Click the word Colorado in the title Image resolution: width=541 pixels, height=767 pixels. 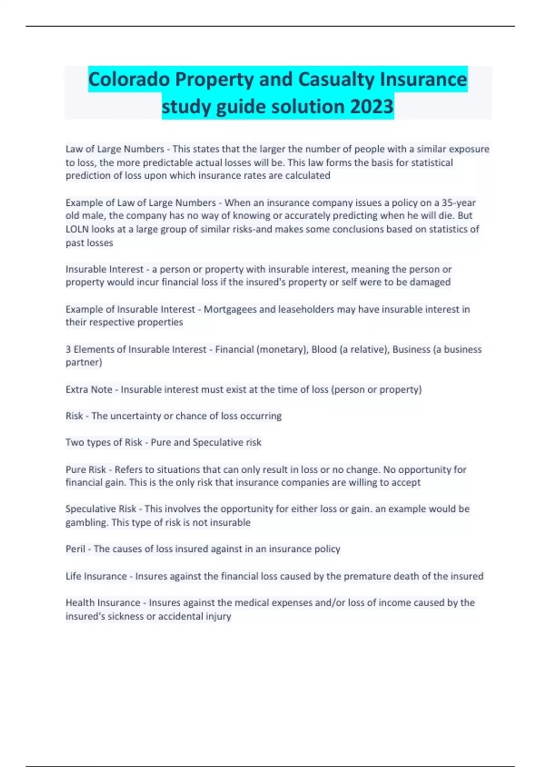click(x=129, y=80)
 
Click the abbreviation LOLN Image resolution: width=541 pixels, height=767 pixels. click(x=78, y=229)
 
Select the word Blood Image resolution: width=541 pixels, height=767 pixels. click(x=324, y=349)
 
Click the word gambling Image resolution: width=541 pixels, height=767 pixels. click(x=86, y=522)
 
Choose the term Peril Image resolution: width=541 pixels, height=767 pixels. click(x=75, y=549)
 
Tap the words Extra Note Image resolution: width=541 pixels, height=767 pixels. click(x=89, y=389)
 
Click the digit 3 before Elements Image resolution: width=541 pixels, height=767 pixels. click(x=68, y=349)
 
